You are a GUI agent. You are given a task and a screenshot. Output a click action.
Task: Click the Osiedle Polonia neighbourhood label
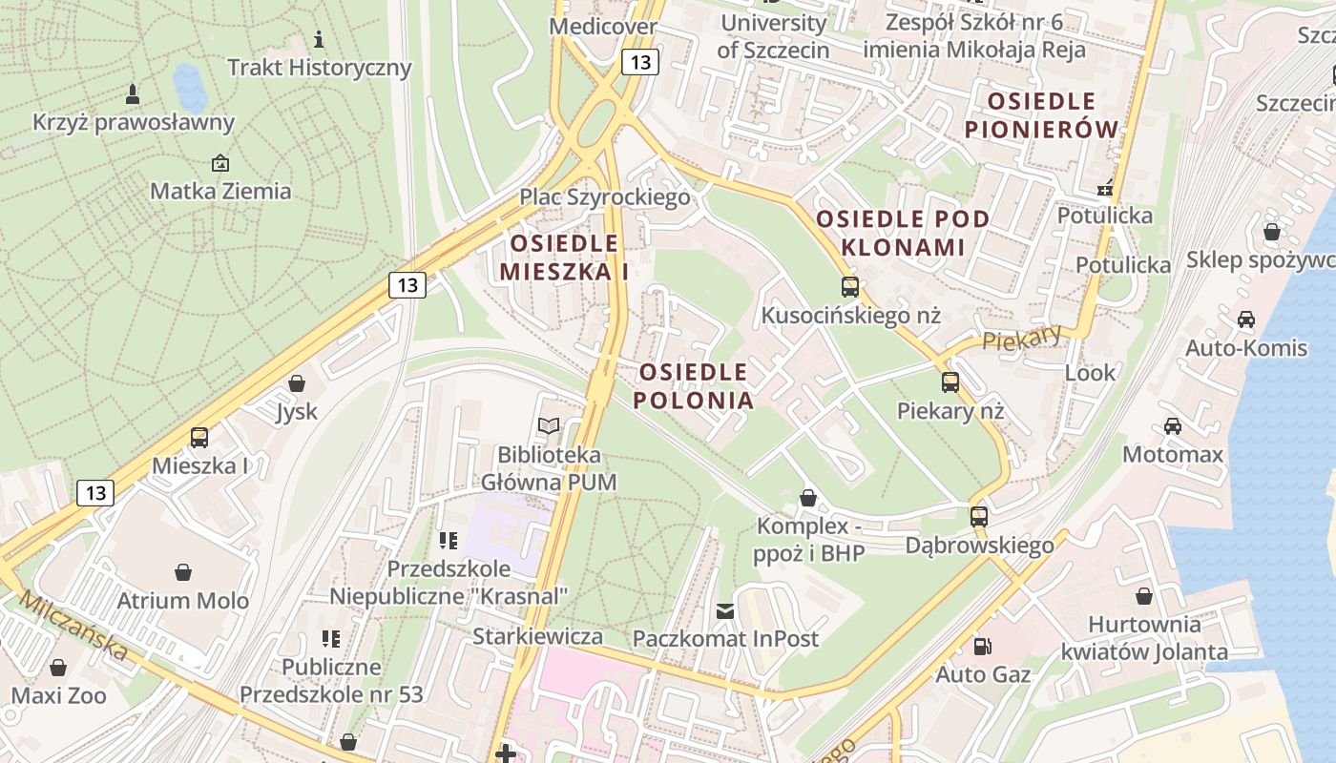tap(694, 385)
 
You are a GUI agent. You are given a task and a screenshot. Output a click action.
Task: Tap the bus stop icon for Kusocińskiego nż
tap(849, 286)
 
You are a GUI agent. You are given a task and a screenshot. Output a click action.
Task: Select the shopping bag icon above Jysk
tap(297, 383)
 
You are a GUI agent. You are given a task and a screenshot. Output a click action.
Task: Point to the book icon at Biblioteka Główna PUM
tap(549, 426)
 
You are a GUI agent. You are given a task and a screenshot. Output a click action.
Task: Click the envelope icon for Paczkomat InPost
tap(725, 610)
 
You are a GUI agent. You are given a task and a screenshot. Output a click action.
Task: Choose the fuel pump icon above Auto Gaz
tap(982, 647)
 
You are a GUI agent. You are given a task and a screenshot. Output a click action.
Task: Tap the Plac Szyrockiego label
tap(604, 197)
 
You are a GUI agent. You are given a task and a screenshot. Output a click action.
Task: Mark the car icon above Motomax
tap(1172, 426)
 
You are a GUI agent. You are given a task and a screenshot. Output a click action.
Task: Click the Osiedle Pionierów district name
tap(1040, 114)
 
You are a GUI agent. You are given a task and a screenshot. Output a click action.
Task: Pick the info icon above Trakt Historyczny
tap(319, 39)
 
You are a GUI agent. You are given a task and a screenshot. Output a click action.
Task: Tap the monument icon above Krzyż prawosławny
tap(133, 93)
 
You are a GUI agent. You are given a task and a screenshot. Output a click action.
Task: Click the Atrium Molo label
tap(182, 601)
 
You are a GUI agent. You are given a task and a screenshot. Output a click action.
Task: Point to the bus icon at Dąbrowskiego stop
tap(979, 517)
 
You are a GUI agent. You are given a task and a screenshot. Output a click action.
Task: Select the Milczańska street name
tap(73, 626)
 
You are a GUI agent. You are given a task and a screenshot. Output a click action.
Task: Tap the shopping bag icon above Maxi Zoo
tap(58, 667)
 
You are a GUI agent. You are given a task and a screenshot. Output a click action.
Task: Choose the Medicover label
tap(603, 26)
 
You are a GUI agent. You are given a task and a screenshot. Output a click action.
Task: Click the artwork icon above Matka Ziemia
tap(220, 163)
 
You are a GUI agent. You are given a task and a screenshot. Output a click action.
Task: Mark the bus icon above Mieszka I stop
tap(199, 438)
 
